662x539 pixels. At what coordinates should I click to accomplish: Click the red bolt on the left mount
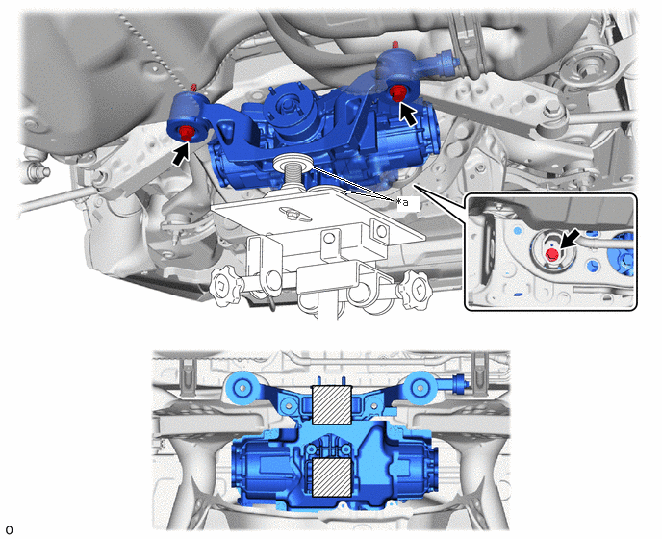pyautogui.click(x=187, y=133)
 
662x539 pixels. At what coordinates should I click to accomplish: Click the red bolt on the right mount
pyautogui.click(x=397, y=92)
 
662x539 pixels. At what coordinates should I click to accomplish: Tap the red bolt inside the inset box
pyautogui.click(x=552, y=254)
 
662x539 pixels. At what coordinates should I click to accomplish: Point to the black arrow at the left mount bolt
pyautogui.click(x=180, y=154)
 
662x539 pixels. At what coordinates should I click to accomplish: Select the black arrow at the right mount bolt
pyautogui.click(x=407, y=115)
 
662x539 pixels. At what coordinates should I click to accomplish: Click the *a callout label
pyautogui.click(x=403, y=203)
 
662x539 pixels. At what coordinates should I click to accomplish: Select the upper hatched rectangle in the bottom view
pyautogui.click(x=332, y=405)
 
